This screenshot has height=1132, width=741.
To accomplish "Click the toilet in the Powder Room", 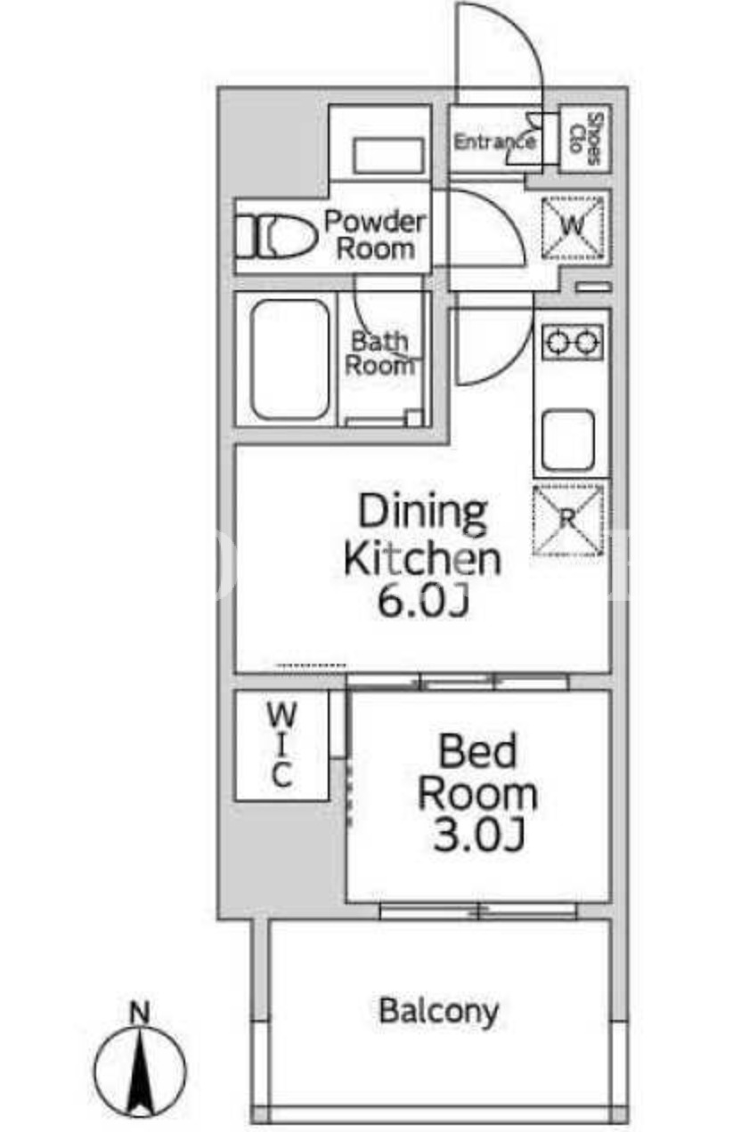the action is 276,237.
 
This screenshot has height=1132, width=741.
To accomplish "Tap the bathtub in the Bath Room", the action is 289,360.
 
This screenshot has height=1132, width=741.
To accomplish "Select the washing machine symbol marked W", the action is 573,228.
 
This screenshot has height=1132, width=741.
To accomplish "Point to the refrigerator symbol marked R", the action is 567,520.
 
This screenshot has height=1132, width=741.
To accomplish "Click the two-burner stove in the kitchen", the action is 573,342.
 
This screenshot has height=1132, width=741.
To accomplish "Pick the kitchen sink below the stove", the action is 568,440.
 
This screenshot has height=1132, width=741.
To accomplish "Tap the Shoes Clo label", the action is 585,139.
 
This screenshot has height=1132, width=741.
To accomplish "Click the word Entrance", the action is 494,142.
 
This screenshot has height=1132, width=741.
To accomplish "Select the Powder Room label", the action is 375,236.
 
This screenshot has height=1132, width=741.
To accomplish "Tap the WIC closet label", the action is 281,746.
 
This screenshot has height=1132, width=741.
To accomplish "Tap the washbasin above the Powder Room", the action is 388,156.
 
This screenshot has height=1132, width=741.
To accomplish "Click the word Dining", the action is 423,515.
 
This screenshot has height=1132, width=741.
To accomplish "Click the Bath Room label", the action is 380,353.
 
